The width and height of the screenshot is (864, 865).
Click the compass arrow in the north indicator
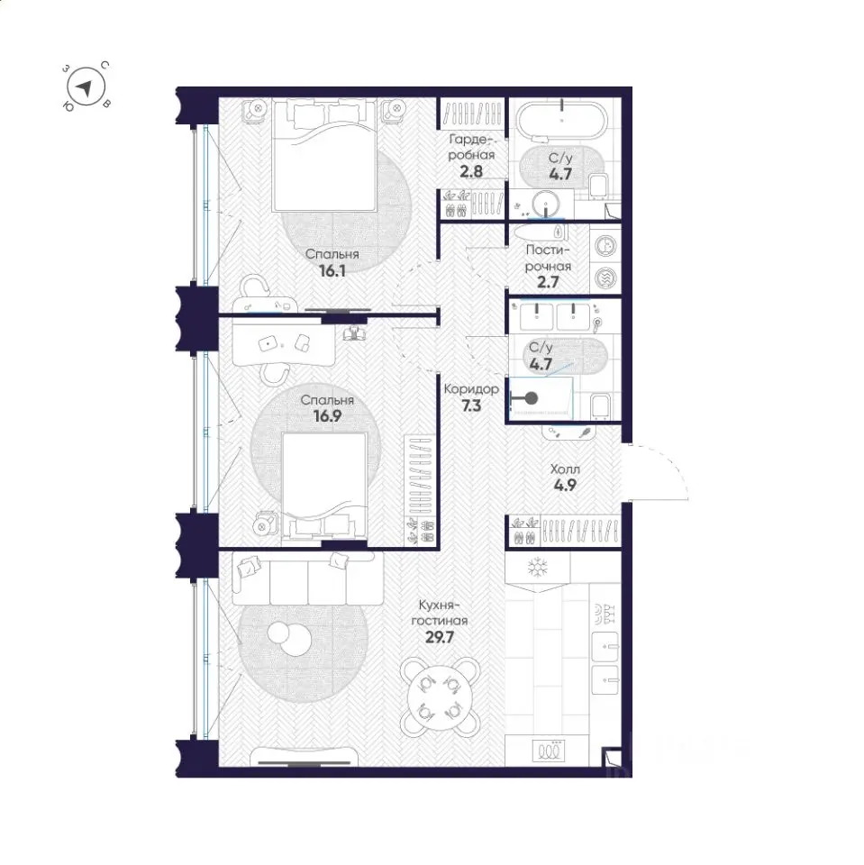(x=85, y=88)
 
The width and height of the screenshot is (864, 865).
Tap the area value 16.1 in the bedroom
(x=332, y=271)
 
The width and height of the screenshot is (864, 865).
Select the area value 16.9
(x=327, y=416)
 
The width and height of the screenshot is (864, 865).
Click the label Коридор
(x=470, y=389)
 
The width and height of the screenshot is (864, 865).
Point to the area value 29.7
(x=439, y=637)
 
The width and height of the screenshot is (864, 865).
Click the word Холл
(x=565, y=469)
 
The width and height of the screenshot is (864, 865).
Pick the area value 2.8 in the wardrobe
(x=471, y=171)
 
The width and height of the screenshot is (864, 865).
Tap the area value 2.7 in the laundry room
(x=548, y=282)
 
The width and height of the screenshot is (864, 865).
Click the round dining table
(x=440, y=697)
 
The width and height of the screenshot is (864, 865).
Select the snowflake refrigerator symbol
(x=537, y=567)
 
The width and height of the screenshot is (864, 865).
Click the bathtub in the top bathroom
(x=561, y=119)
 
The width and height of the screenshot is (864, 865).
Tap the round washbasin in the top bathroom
(x=546, y=204)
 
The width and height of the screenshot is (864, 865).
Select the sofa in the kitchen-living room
(x=307, y=579)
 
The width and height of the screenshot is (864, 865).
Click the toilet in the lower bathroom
(x=600, y=405)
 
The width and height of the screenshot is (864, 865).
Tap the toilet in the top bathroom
(x=598, y=187)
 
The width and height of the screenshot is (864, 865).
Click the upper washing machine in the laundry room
(x=605, y=245)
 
